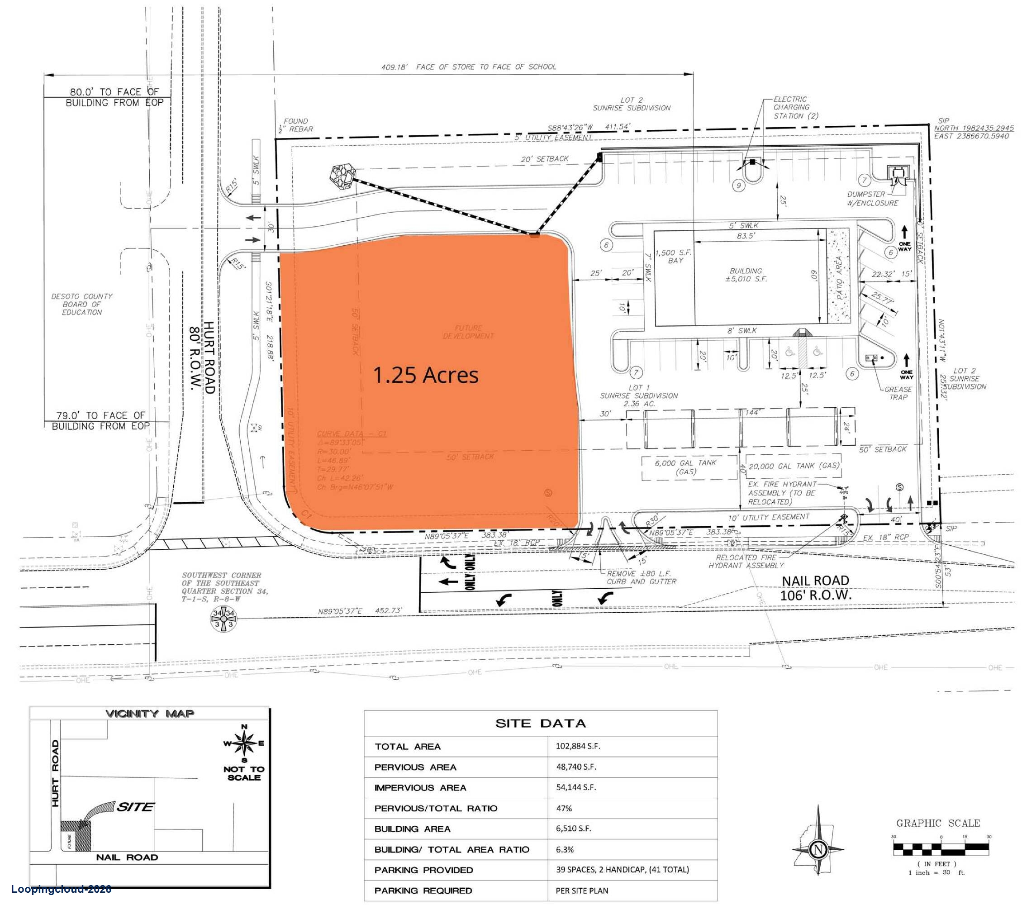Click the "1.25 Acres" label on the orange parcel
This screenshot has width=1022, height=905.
[426, 375]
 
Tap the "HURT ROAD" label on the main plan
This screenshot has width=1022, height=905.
[209, 357]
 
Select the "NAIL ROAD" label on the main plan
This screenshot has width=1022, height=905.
[816, 581]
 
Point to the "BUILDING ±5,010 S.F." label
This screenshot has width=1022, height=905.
[746, 275]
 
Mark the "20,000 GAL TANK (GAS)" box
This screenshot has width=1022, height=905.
[794, 466]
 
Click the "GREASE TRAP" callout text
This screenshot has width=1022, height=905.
[898, 393]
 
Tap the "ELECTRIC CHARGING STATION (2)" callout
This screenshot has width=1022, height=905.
[795, 108]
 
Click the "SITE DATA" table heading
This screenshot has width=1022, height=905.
[540, 723]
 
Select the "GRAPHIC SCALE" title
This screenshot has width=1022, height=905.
[937, 823]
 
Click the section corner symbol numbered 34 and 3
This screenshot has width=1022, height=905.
[223, 619]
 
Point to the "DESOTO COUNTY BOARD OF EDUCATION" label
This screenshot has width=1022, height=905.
[82, 304]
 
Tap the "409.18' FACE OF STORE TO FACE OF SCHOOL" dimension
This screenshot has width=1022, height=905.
[469, 67]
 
